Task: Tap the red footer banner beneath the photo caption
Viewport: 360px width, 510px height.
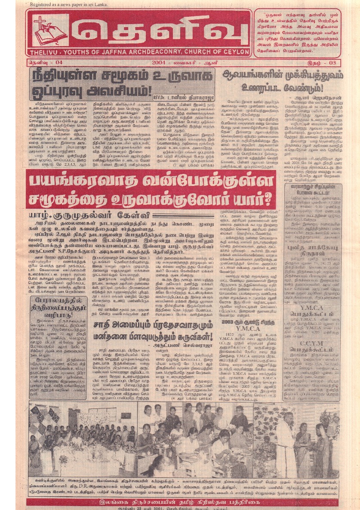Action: point(180,502)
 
